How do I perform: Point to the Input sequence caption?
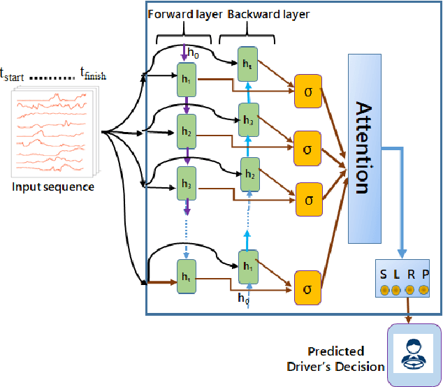53,187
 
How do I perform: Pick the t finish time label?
93,73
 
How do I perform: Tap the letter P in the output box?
425,274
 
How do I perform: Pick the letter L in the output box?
396,273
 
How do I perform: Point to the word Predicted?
335,351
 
